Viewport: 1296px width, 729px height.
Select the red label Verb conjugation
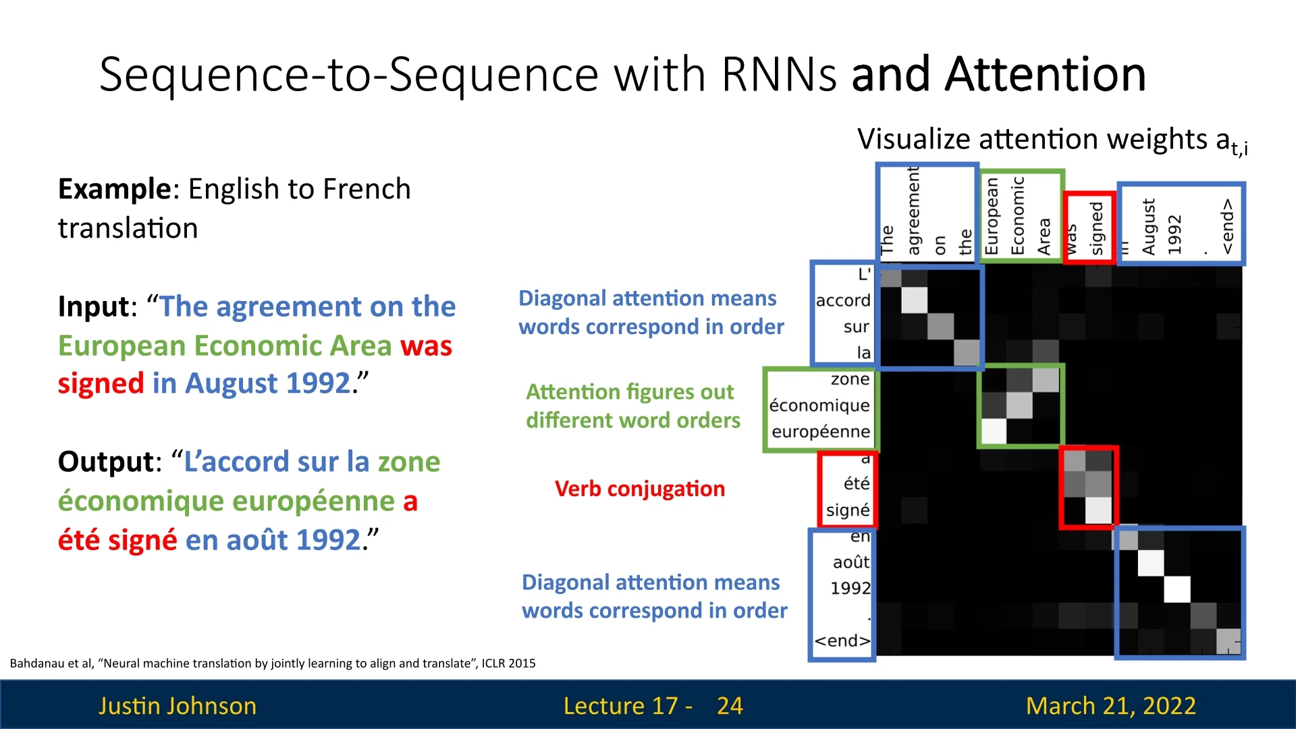coord(639,489)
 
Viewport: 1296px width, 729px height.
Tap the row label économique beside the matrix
coord(819,405)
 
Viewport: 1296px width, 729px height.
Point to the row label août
coord(851,562)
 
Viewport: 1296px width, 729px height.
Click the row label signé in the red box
coord(848,510)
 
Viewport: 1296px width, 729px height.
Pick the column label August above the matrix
coord(1148,227)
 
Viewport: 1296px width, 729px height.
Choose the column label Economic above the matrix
coord(1018,216)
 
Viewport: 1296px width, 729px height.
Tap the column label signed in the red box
coord(1097,228)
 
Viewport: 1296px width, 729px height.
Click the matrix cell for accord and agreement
coord(915,300)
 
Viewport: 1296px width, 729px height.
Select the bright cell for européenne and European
coord(994,431)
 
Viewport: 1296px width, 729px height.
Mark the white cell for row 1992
coord(1177,589)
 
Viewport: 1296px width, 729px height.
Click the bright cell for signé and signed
coord(1098,510)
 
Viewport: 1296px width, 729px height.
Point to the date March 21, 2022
coord(1110,706)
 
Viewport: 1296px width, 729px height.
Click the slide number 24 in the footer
coord(730,706)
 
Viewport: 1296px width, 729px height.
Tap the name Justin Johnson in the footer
coord(178,706)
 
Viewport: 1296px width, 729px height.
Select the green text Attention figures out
coord(630,392)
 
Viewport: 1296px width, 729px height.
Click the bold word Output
coord(107,462)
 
